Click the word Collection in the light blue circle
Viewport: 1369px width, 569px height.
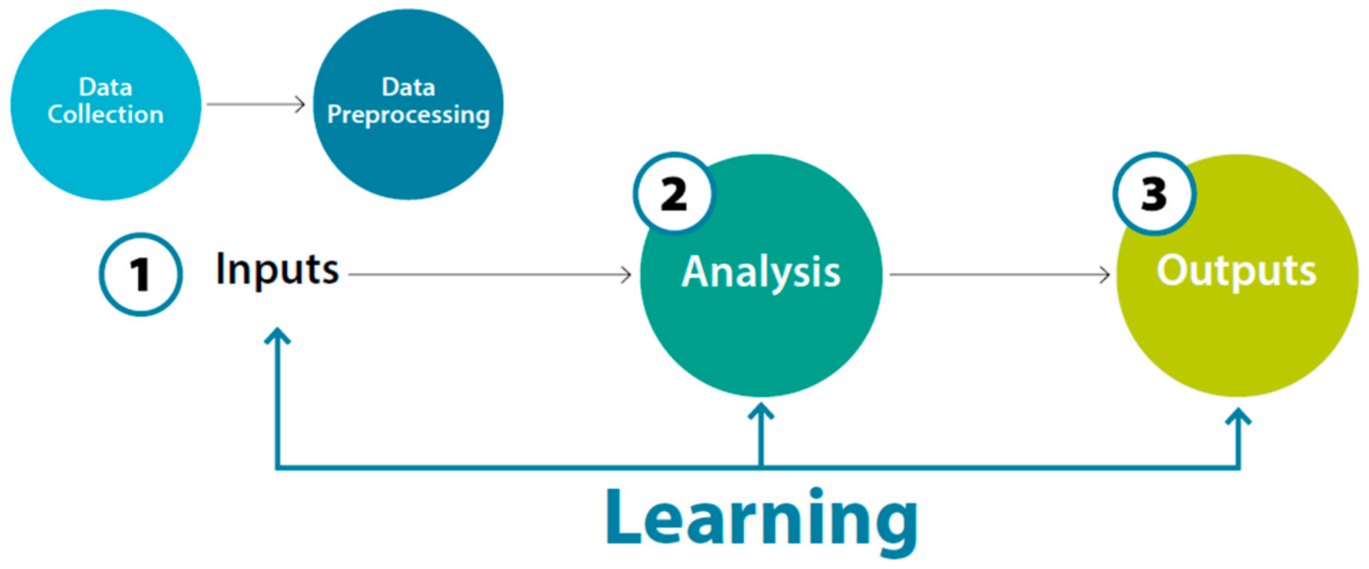[x=105, y=114]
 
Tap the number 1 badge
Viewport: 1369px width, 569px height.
[x=140, y=274]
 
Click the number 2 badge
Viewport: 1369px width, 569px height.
[x=674, y=194]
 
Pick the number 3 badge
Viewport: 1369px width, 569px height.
[x=1154, y=194]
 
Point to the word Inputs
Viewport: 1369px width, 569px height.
[x=277, y=270]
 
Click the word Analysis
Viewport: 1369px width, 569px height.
[x=761, y=272]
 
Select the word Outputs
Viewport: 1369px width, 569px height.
[x=1236, y=271]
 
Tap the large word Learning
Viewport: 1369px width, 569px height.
[x=761, y=519]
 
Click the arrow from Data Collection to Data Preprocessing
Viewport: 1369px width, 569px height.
[x=256, y=104]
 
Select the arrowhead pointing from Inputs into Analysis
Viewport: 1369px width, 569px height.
[x=626, y=275]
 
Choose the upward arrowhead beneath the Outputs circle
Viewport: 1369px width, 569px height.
[x=1238, y=416]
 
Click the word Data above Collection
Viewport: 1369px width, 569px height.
[x=105, y=87]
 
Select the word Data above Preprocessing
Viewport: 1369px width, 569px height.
[x=408, y=87]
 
